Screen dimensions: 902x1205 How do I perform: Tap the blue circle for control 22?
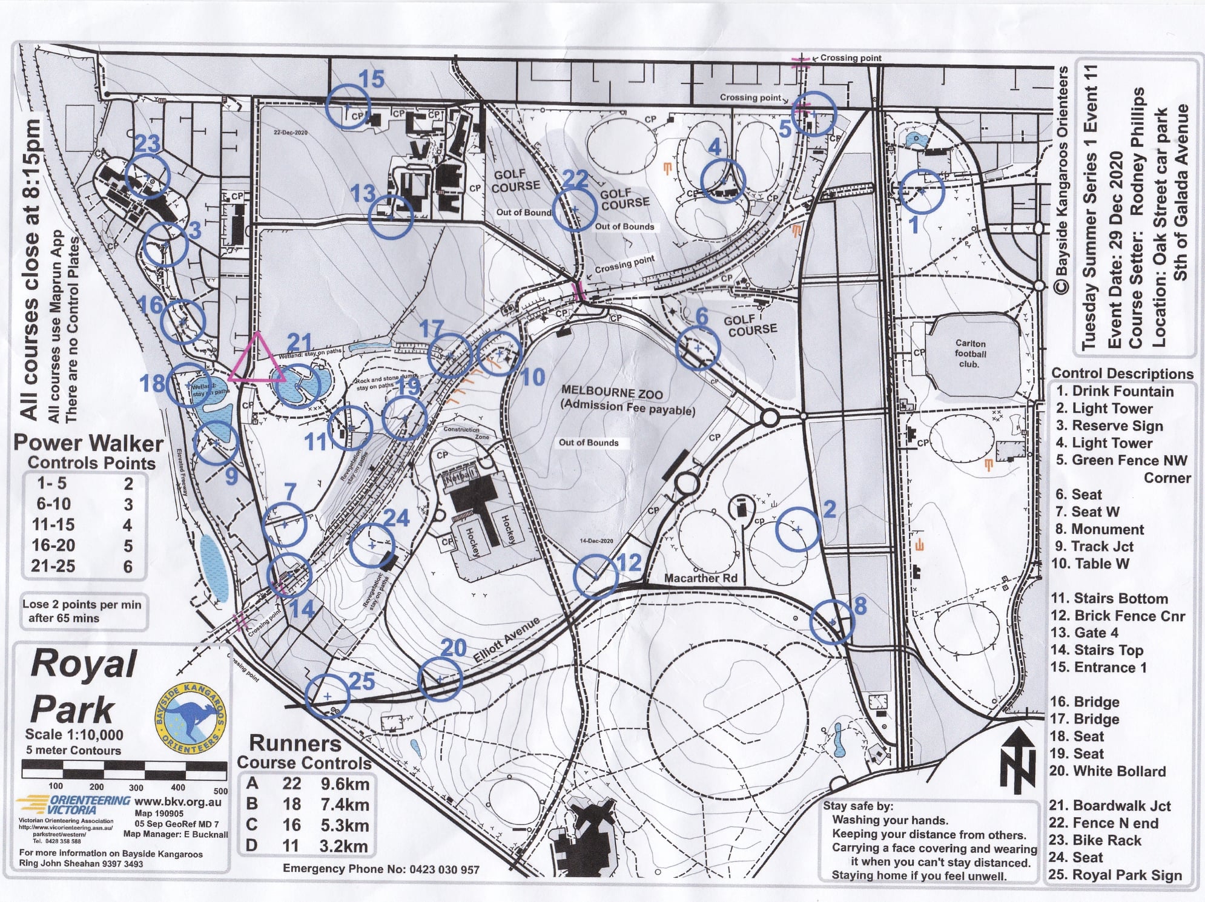[x=576, y=209]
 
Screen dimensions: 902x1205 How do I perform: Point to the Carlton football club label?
[x=971, y=354]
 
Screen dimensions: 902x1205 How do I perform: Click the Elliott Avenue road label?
[x=506, y=640]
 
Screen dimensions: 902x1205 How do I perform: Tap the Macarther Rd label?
[x=701, y=578]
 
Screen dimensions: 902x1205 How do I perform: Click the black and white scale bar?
[x=124, y=769]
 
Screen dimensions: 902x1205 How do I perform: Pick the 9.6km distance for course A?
[x=345, y=784]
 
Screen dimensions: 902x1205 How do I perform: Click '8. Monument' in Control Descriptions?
[x=1100, y=529]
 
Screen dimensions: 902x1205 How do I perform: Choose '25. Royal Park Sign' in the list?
[x=1115, y=875]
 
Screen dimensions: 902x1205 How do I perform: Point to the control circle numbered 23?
[x=148, y=176]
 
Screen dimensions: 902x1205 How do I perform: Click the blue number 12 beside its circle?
[x=629, y=563]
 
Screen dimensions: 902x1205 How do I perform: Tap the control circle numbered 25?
[x=327, y=696]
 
